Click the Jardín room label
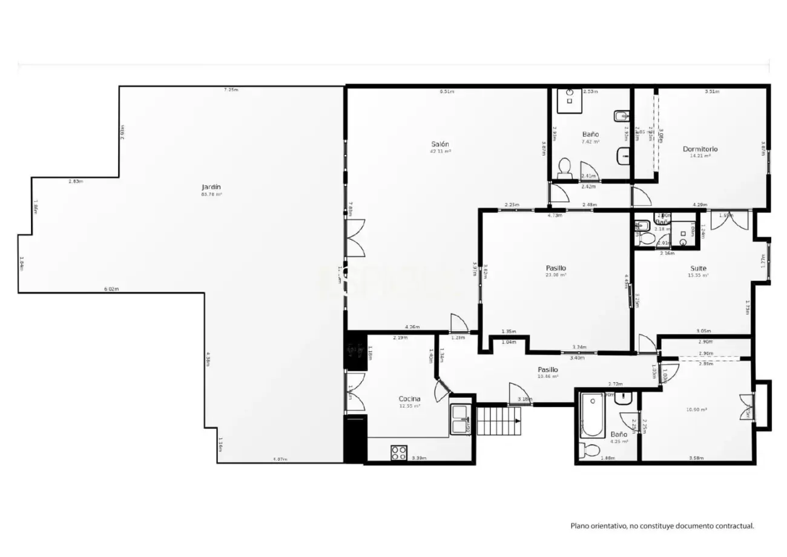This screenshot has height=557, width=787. click(211, 187)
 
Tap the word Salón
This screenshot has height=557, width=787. click(440, 144)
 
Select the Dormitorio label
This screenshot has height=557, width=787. click(700, 149)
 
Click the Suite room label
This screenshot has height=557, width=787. click(698, 268)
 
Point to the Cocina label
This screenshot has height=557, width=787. click(409, 399)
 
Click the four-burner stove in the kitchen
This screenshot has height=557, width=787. click(398, 452)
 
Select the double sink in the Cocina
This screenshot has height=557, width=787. click(461, 419)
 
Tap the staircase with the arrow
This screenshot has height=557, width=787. click(498, 420)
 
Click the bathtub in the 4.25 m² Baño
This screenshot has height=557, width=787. click(591, 417)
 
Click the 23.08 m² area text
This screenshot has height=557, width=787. click(556, 275)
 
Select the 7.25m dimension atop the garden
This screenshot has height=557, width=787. click(231, 90)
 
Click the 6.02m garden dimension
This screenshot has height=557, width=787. click(111, 289)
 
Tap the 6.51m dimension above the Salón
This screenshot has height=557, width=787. click(447, 92)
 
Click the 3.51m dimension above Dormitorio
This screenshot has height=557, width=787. click(711, 92)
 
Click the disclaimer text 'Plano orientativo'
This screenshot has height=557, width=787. click(662, 526)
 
